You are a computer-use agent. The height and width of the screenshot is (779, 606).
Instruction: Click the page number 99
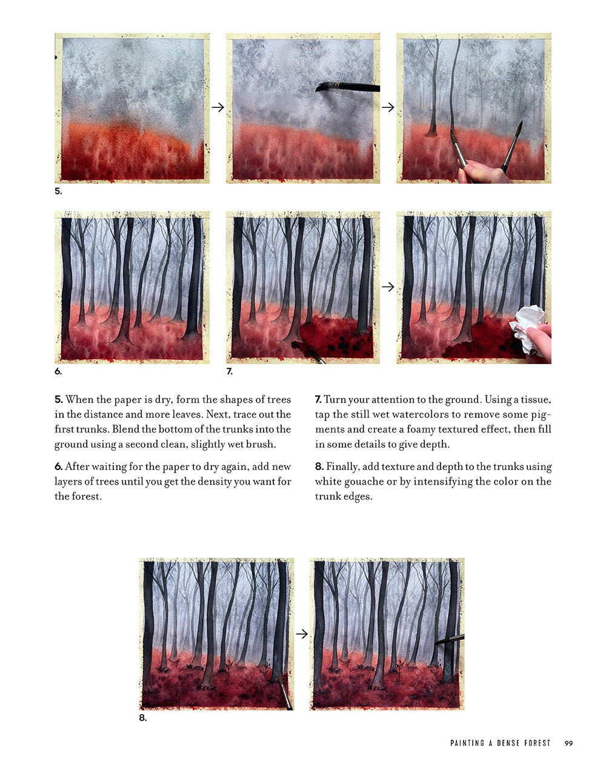[x=568, y=743]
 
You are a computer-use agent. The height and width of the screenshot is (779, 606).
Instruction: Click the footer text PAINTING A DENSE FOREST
[x=500, y=743]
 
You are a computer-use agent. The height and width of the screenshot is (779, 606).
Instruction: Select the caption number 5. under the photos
[x=58, y=191]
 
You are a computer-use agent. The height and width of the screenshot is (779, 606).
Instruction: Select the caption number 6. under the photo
[x=58, y=371]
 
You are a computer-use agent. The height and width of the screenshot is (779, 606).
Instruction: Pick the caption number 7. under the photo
[x=230, y=371]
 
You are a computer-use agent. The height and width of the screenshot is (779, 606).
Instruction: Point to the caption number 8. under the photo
[x=143, y=718]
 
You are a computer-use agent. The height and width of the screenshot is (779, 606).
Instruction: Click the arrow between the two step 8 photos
[x=302, y=634]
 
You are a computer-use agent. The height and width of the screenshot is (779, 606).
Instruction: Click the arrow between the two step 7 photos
[x=388, y=287]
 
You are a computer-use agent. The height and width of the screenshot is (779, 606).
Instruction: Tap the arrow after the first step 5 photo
[x=218, y=107]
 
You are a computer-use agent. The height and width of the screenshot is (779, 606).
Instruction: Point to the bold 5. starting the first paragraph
[x=59, y=399]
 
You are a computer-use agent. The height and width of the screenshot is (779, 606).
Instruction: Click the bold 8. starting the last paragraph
[x=319, y=466]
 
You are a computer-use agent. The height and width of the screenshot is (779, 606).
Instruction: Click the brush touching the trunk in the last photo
[x=449, y=639]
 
